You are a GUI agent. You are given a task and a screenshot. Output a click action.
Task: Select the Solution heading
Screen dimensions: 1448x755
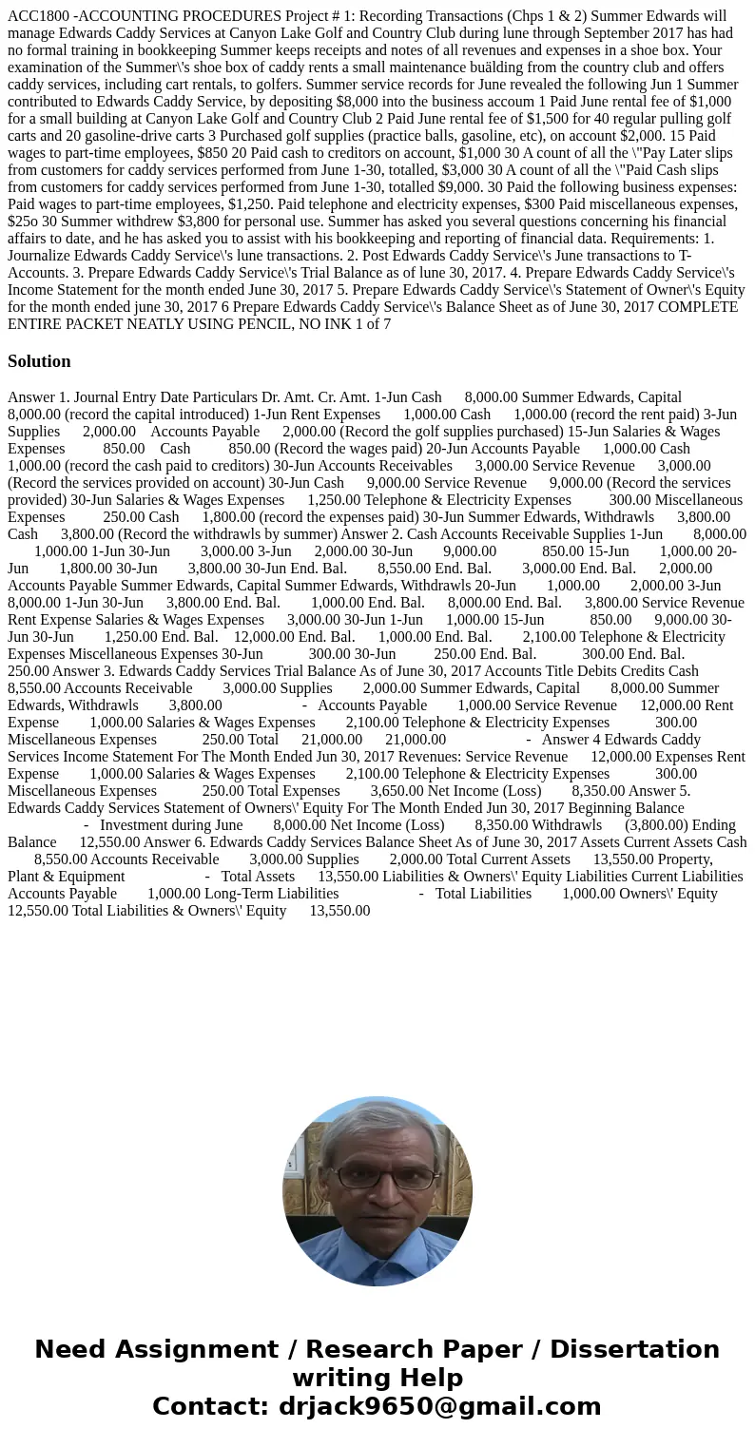39,361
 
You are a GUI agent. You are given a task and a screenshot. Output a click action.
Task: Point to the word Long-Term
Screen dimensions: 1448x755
183,894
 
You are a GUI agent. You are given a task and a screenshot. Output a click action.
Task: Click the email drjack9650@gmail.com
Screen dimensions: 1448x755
439,1407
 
